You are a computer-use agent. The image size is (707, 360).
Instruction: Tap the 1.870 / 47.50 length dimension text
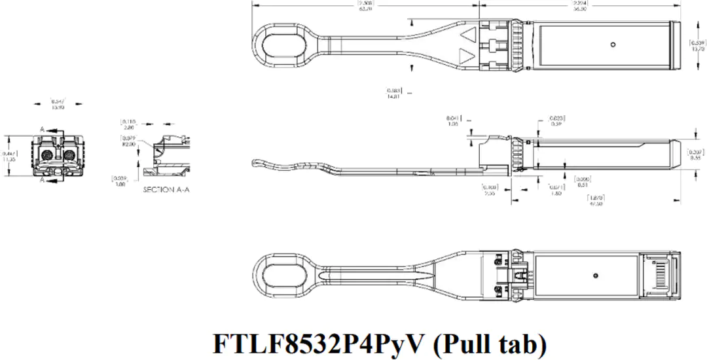(594, 200)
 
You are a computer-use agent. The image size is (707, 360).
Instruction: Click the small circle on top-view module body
(612, 45)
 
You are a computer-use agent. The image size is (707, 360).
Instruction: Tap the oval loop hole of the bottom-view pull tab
(287, 274)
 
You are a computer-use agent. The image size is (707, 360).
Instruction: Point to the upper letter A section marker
(43, 131)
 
